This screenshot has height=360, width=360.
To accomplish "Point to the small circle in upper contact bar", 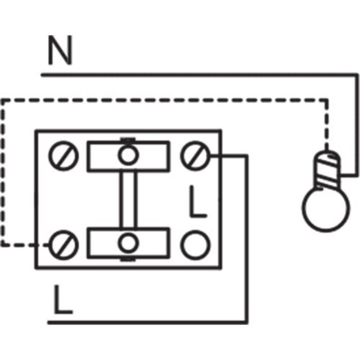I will tap(128, 155).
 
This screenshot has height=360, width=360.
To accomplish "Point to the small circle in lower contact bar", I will tap(128, 243).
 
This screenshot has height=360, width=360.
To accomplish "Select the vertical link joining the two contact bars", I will tap(128, 199).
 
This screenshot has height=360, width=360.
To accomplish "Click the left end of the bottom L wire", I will tap(49, 322).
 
